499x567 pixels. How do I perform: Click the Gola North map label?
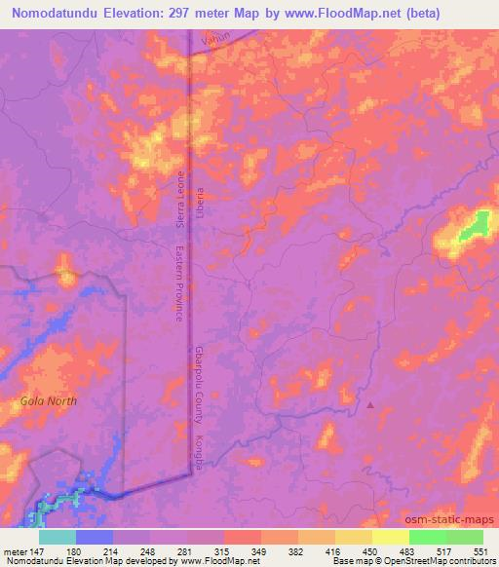[x=48, y=400]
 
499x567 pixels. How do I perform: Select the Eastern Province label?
[x=179, y=283]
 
